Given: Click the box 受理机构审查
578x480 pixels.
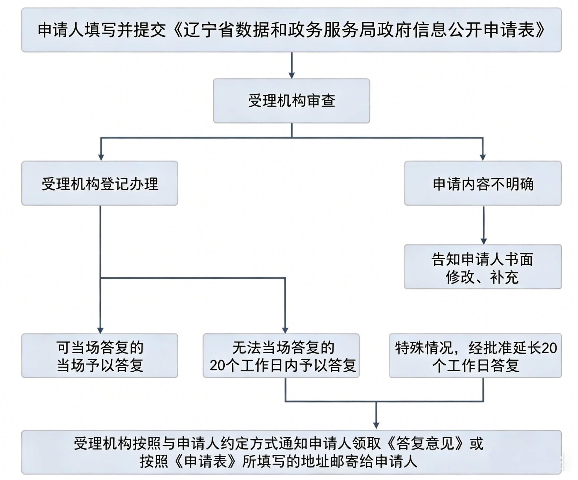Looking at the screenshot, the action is (292, 101).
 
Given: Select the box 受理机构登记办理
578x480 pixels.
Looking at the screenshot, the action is (100, 183).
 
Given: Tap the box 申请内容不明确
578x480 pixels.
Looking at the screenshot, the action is (483, 183).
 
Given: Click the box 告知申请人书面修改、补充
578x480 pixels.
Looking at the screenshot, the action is (483, 267).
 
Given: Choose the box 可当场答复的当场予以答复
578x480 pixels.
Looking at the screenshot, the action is (100, 356).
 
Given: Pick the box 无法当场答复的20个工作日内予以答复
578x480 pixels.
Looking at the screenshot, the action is (281, 356).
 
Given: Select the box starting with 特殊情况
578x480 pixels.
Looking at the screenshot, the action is (476, 356).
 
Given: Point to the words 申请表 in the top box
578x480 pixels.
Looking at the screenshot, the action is (509, 30).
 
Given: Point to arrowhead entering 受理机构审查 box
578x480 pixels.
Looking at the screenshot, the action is (292, 75).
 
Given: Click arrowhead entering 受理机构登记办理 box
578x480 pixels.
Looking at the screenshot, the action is (101, 157).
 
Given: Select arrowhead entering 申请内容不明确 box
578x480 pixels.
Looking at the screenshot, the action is (483, 157).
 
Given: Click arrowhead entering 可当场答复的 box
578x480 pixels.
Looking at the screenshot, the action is (100, 330).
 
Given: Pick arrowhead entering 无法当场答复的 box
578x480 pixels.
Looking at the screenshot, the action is (285, 330).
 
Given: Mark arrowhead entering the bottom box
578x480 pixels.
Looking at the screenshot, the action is (376, 426).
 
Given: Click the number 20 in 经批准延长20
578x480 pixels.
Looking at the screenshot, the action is (549, 348).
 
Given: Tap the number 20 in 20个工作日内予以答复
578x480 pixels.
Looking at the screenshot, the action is (217, 366).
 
